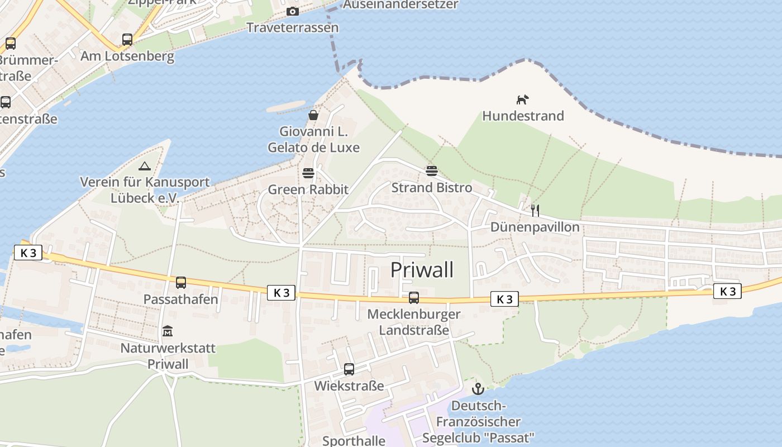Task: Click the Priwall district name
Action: (x=422, y=269)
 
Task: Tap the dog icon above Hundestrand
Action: (x=522, y=100)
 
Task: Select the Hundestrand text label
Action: (x=523, y=116)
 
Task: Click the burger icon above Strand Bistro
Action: (x=431, y=171)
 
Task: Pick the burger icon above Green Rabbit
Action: (x=308, y=173)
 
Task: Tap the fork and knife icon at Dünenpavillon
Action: (x=535, y=210)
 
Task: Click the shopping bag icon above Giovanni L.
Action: (x=313, y=116)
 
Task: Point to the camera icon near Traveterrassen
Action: (x=292, y=11)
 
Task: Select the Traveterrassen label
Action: (x=292, y=27)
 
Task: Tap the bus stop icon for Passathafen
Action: (x=180, y=283)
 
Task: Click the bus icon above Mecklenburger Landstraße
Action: (x=413, y=298)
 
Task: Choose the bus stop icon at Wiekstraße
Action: (x=349, y=369)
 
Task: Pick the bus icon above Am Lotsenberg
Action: (x=127, y=40)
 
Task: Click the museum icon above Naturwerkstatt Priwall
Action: (x=167, y=332)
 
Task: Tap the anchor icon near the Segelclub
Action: (x=478, y=389)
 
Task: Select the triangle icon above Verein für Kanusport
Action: (x=145, y=166)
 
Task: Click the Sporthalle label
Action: (x=354, y=440)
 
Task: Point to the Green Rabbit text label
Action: (x=308, y=189)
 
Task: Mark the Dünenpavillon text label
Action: (x=535, y=227)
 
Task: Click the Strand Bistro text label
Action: (x=431, y=187)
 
